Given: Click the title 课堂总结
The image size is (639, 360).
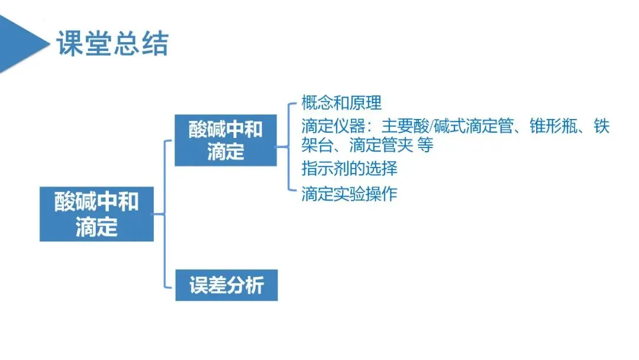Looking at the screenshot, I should coord(112,44).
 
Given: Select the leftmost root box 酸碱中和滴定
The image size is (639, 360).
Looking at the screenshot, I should coord(96,214).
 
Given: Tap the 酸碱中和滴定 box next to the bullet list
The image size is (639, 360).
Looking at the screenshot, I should coord(225,140).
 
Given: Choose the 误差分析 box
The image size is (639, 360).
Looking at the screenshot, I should coord(226,286).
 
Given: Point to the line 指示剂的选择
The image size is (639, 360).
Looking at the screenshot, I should coord(349,168).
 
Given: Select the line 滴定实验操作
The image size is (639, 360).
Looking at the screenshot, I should coord(349,194).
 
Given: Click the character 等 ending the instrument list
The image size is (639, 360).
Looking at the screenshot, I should coord(425,145).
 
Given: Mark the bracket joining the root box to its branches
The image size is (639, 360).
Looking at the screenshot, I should coord(165,214).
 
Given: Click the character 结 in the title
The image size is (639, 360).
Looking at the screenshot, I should coord(155,44).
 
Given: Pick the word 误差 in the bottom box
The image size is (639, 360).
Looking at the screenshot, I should coord(208,286).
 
